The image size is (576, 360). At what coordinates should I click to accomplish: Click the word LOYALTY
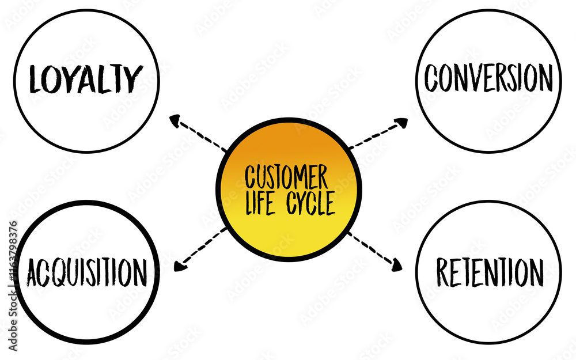86,79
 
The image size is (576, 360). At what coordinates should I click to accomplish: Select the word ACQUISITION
86,272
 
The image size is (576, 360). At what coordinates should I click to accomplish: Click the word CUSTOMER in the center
286,177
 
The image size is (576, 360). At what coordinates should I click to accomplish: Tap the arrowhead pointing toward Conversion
401,122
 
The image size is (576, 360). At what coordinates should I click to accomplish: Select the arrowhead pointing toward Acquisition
179,267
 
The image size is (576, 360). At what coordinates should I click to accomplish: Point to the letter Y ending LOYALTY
133,79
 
